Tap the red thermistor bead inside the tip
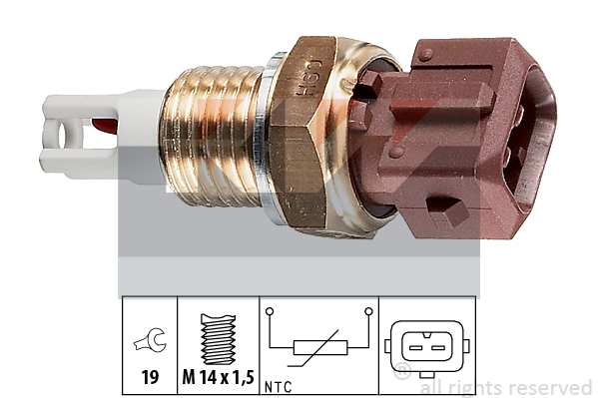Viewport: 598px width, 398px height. pos(104,127)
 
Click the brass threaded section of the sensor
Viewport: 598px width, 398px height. pos(212,137)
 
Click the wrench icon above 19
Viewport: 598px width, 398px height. pos(150,340)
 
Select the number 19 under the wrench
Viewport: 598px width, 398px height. pos(150,377)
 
